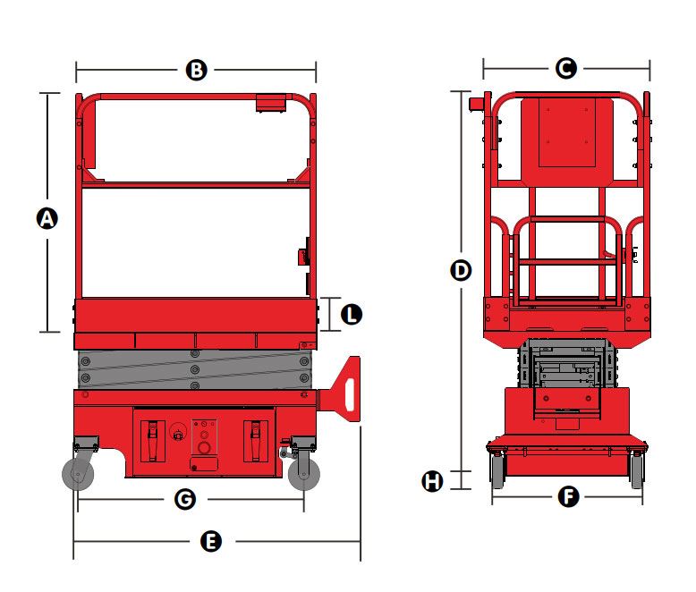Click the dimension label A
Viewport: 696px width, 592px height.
click(47, 218)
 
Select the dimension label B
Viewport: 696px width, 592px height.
click(196, 70)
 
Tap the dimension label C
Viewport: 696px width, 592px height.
click(566, 68)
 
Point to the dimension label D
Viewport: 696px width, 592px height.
click(461, 270)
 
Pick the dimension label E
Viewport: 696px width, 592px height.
click(211, 541)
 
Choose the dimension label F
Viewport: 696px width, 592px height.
click(569, 496)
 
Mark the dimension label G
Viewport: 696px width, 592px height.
click(185, 499)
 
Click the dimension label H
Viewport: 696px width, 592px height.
click(432, 481)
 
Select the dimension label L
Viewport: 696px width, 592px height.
click(352, 314)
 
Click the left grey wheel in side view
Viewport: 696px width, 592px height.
click(78, 474)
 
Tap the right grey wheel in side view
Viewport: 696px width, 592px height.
click(304, 474)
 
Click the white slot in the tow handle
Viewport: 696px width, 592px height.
click(350, 394)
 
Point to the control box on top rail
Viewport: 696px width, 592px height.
click(271, 103)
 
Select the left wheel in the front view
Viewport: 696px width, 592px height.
click(497, 470)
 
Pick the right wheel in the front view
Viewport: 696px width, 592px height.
click(637, 470)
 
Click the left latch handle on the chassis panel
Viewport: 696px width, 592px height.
click(153, 441)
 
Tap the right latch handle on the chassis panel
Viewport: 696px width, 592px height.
click(255, 441)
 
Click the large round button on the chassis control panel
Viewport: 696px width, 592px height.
click(204, 447)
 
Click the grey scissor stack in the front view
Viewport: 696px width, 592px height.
click(567, 363)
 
